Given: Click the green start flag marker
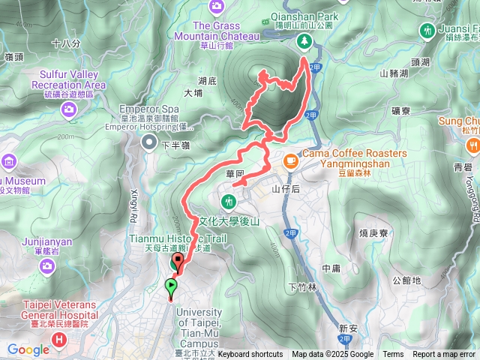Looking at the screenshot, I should (172, 285).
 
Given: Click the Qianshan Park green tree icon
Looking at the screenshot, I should (304, 41).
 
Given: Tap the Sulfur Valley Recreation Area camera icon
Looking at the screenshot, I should (69, 111).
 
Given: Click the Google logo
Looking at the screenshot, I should (28, 349).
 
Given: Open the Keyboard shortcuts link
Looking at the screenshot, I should (250, 355).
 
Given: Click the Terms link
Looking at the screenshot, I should (393, 355).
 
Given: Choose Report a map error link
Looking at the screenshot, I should (443, 355).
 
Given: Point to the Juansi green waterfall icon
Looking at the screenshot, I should (427, 30).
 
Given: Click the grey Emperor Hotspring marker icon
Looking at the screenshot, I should (150, 142).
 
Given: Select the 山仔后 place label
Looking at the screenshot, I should (286, 189).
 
